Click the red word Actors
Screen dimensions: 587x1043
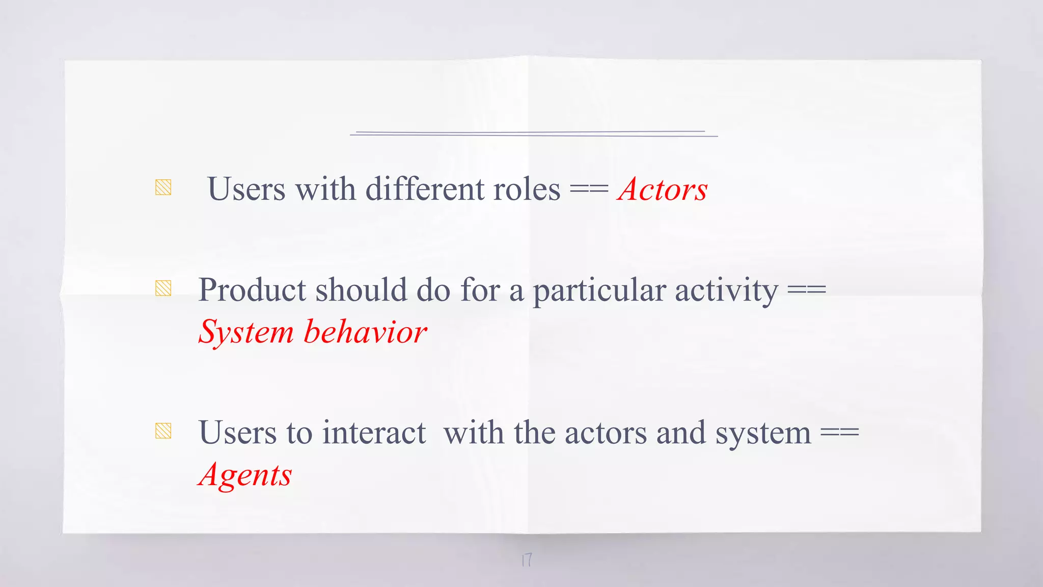pos(662,190)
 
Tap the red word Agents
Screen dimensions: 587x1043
pos(245,475)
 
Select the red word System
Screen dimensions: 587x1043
pos(246,333)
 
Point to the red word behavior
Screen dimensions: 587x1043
pos(365,332)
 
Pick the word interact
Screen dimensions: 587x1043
pos(374,433)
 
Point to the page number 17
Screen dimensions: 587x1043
pos(527,560)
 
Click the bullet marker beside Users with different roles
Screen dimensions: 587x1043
pos(163,188)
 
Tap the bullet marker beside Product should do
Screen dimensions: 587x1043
pos(163,288)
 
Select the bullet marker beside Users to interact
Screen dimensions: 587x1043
pos(163,431)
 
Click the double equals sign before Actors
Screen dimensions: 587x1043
pos(589,190)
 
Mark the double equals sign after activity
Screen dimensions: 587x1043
pos(807,290)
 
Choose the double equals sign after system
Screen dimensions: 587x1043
pos(840,433)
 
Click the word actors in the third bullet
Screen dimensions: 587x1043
pos(606,433)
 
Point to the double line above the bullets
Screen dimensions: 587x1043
pos(533,134)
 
